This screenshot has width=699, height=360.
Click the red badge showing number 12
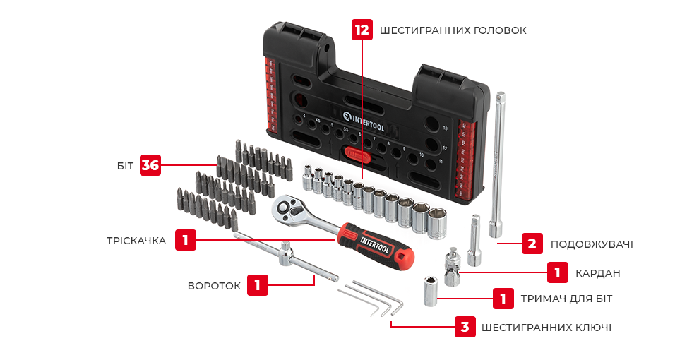pyautogui.click(x=362, y=30)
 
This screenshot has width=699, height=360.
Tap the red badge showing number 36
pyautogui.click(x=150, y=165)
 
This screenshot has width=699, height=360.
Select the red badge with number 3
pyautogui.click(x=464, y=327)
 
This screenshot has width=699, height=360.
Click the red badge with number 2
pyautogui.click(x=532, y=244)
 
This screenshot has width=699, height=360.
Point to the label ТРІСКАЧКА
pyautogui.click(x=136, y=241)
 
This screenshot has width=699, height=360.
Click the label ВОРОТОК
pyautogui.click(x=214, y=286)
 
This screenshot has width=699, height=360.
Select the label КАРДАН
pyautogui.click(x=597, y=272)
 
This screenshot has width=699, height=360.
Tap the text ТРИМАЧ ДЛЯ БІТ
pyautogui.click(x=566, y=299)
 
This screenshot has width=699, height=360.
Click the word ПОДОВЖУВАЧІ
pyautogui.click(x=591, y=244)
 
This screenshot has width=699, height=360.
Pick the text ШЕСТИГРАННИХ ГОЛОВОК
pyautogui.click(x=453, y=30)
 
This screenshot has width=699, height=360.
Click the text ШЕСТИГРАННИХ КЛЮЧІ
pyautogui.click(x=546, y=328)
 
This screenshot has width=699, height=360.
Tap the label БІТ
pyautogui.click(x=125, y=166)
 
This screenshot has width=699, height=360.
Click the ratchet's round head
pyautogui.click(x=287, y=208)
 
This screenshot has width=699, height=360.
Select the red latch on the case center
pyautogui.click(x=355, y=154)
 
